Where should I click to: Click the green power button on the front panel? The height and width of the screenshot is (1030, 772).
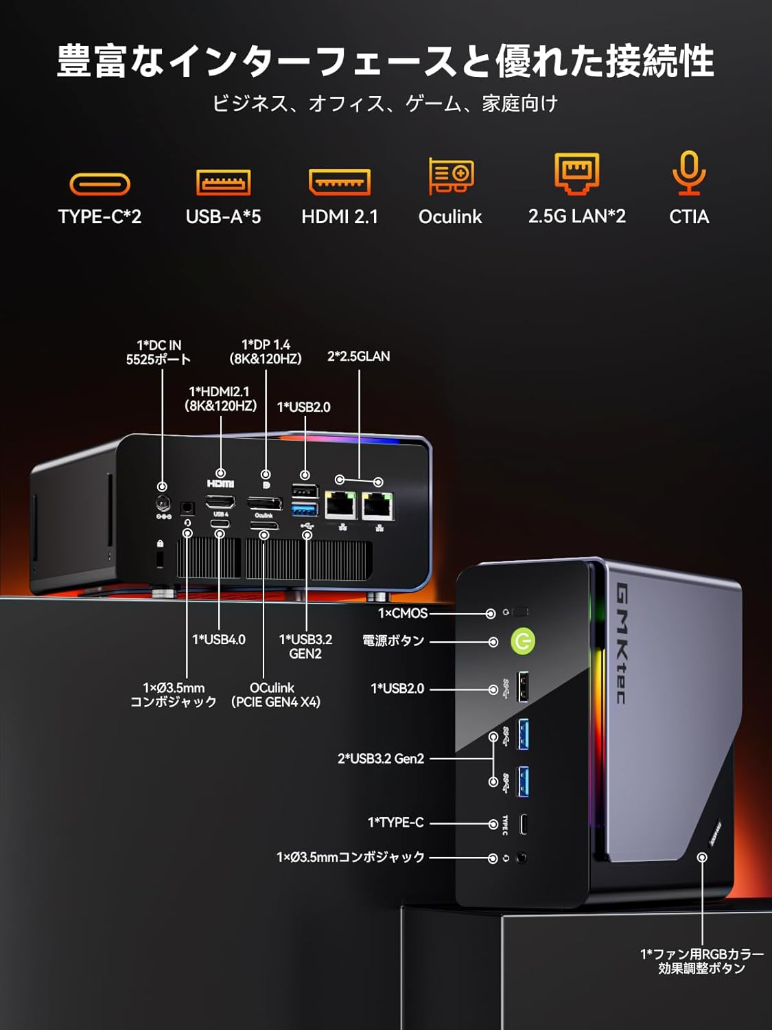point(523,641)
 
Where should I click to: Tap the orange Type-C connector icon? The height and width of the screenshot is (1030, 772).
point(100,184)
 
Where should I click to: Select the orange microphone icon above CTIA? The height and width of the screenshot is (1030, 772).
point(689,173)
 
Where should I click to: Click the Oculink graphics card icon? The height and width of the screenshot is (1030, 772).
point(451,176)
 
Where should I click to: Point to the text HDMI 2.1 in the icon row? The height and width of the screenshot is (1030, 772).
point(340,217)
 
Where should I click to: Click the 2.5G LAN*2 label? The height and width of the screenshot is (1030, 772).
point(576,216)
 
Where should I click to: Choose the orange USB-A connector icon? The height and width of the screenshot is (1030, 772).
point(224,183)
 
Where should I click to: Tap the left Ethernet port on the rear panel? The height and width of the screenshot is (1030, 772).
point(340,506)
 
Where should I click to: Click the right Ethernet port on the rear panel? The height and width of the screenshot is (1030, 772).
point(377,507)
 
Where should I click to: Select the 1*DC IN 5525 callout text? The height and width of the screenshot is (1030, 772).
point(159,352)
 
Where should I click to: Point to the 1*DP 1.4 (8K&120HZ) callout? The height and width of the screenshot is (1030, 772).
point(266,352)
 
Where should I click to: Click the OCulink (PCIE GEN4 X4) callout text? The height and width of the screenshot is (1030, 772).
point(275,695)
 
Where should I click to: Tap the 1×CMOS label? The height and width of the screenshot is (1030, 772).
point(403,613)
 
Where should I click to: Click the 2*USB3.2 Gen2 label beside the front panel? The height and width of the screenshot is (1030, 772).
point(381,759)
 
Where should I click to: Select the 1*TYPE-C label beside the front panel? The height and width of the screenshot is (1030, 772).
point(396,823)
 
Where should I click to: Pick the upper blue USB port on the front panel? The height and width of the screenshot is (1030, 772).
point(523,733)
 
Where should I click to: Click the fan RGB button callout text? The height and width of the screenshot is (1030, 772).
point(701,961)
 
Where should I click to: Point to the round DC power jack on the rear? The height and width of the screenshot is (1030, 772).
point(163,503)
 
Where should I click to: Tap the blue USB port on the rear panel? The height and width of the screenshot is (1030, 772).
point(305,510)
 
